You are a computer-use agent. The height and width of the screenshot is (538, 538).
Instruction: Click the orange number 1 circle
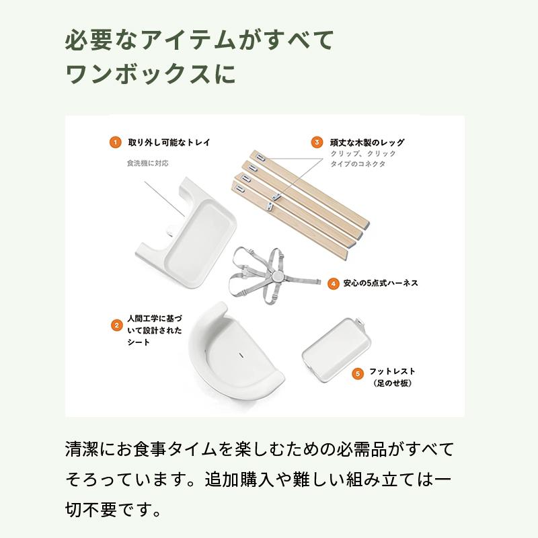pos(115,143)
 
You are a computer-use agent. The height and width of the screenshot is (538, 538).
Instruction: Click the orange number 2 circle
pos(116,325)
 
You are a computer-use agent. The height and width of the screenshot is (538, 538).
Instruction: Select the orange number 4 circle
pos(333,284)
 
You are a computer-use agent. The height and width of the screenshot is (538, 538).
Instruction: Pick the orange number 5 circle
pos(358,372)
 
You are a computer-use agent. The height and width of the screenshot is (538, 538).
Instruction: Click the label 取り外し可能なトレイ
pos(169,143)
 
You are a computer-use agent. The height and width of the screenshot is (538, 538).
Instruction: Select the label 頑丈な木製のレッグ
pos(367,143)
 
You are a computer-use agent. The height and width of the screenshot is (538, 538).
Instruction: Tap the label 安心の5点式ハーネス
pos(381,284)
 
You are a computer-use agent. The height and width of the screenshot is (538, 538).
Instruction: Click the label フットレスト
pos(392,371)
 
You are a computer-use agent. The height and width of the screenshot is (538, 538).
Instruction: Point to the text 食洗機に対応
pos(147,163)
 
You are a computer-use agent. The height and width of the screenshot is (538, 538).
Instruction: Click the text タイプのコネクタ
pos(358,164)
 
